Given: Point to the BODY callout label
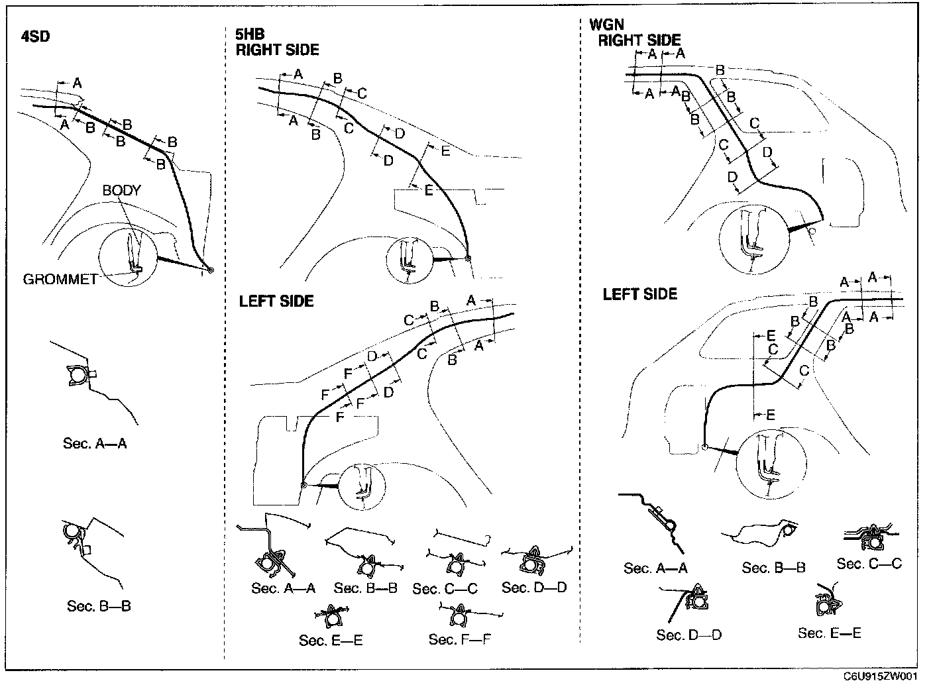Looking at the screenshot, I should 121,190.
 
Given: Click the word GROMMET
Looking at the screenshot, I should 60,280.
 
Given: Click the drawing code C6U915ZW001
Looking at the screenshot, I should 881,676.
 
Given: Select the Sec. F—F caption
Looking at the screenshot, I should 460,639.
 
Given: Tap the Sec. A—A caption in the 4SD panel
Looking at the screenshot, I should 95,443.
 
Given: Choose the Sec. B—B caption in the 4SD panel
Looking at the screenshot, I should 99,606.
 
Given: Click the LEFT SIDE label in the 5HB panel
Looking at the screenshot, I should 276,301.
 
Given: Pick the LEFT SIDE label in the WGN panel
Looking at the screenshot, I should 639,294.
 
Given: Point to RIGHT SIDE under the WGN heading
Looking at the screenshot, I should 639,40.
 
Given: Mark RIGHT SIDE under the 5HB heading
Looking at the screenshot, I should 277,50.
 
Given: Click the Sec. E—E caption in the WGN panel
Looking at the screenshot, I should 830,633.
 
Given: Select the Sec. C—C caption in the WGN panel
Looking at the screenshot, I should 869,564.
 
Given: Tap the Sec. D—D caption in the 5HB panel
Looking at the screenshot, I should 534,587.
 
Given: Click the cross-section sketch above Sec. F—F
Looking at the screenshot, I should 457,616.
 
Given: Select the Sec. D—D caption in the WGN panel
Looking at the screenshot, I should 689,635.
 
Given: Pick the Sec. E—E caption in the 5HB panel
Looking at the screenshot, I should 331,640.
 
